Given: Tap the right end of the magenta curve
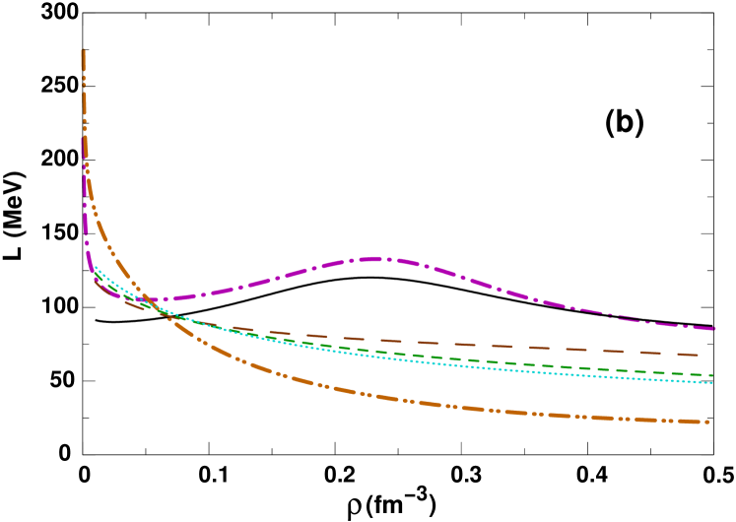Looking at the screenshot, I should (712, 328).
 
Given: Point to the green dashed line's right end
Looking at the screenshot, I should (711, 375).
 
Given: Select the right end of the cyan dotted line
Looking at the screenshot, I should (711, 382).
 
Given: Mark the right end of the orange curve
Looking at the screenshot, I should (707, 422).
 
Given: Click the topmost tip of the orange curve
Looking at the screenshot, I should (83, 50).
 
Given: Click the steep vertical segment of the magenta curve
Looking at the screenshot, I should (85, 197).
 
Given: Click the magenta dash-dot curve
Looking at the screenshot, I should (591, 311).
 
